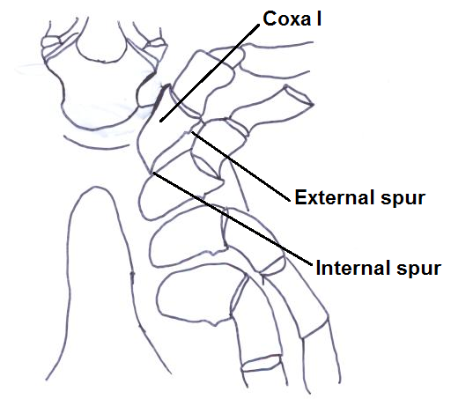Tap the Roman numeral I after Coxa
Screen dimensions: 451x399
pyautogui.click(x=319, y=18)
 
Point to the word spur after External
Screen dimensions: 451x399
pyautogui.click(x=403, y=199)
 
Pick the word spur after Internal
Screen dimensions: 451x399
pyautogui.click(x=418, y=270)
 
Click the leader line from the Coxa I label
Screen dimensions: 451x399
pyautogui.click(x=210, y=73)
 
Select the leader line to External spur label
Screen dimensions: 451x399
pyautogui.click(x=240, y=166)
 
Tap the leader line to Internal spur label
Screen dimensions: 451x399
pyautogui.click(x=233, y=218)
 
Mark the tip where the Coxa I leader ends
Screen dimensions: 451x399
pyautogui.click(x=160, y=121)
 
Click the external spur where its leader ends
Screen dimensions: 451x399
pyautogui.click(x=192, y=132)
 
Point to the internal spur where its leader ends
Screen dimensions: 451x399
pyautogui.click(x=153, y=173)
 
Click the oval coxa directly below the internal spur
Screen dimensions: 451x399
pyautogui.click(x=176, y=196)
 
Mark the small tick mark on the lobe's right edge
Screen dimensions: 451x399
pyautogui.click(x=132, y=276)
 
